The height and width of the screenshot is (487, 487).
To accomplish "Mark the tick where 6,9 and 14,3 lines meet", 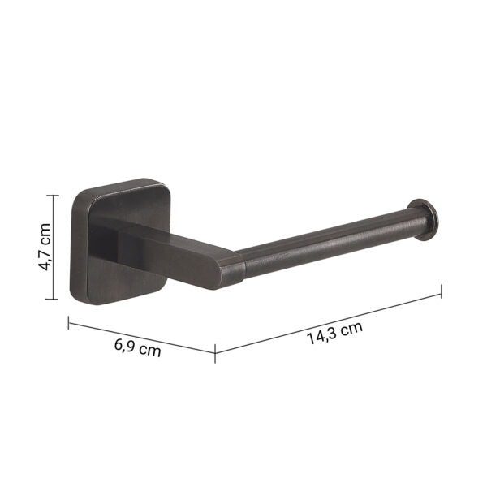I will (x=215, y=352).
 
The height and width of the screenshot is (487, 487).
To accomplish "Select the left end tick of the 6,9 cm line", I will (x=68, y=322).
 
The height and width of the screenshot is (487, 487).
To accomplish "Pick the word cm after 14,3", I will (x=351, y=329).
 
